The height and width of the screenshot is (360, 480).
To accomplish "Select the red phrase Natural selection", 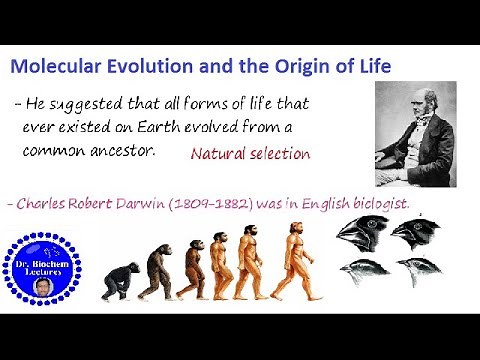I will [x=250, y=154].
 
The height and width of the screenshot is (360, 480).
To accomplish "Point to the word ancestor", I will [x=124, y=151].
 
